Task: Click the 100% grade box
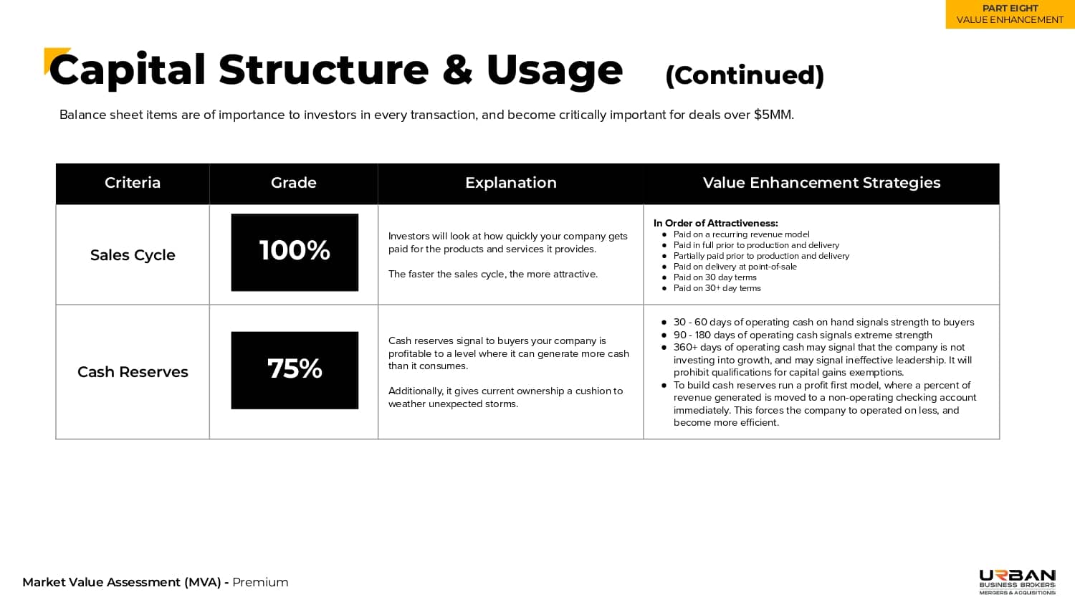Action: click(295, 252)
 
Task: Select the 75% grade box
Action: click(295, 370)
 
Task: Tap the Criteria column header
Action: click(133, 183)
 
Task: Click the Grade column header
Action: click(294, 183)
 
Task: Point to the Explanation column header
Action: click(510, 183)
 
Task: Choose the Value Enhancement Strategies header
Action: click(821, 183)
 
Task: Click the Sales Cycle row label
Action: click(133, 255)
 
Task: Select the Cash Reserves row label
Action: click(133, 372)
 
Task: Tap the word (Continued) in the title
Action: click(745, 75)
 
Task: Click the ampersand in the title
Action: click(457, 70)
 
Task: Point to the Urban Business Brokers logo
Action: click(1017, 581)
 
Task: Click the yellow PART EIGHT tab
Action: click(1010, 14)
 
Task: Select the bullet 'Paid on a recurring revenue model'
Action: click(741, 234)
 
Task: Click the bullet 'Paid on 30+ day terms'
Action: click(717, 288)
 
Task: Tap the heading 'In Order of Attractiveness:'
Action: click(715, 223)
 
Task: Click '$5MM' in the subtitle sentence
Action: click(773, 115)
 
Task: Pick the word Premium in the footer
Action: click(260, 582)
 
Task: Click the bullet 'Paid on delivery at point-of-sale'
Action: click(735, 267)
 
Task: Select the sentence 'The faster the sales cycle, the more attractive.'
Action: click(492, 274)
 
